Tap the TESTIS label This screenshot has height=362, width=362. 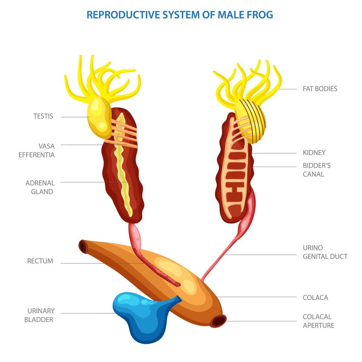tap(43, 116)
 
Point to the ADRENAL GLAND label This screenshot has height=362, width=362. tap(40, 187)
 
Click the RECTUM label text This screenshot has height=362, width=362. tap(40, 261)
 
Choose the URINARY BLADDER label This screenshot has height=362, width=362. tap(41, 315)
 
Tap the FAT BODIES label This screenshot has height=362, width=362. tap(320, 89)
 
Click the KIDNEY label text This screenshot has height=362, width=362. tap(314, 153)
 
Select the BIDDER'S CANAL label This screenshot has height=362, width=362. tap(317, 170)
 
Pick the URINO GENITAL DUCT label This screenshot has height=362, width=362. tap(325, 252)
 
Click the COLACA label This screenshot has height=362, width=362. tap(315, 297)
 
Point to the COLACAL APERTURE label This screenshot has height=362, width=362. tap(318, 321)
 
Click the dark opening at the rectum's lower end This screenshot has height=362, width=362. tap(217, 321)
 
